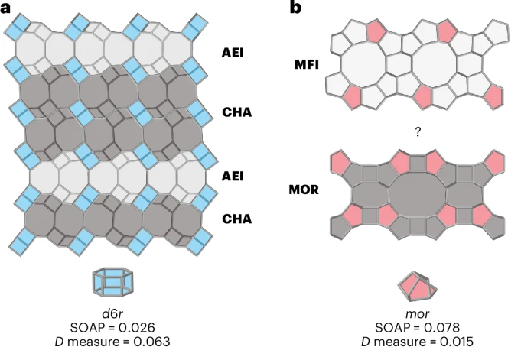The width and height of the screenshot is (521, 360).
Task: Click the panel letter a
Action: pyautogui.click(x=5, y=7)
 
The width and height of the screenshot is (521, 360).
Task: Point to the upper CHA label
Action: pyautogui.click(x=236, y=112)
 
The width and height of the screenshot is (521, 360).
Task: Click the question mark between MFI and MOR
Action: pyautogui.click(x=417, y=132)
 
